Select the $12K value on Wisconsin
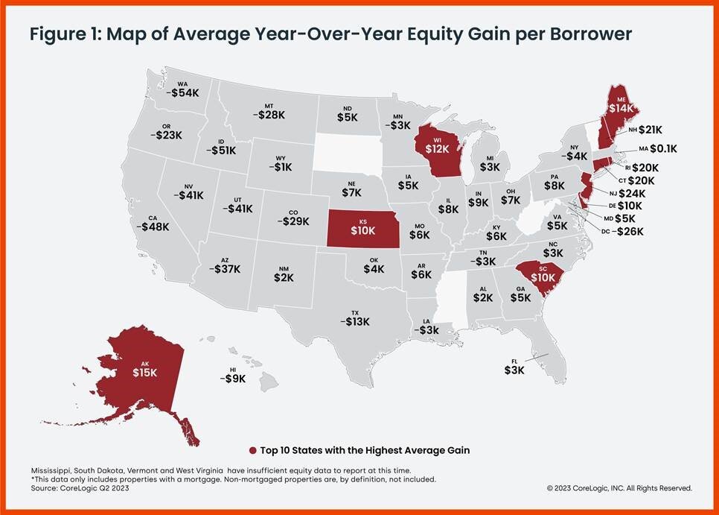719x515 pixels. pos(437,148)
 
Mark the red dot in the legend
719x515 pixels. pos(254,450)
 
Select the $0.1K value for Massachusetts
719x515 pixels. pos(662,149)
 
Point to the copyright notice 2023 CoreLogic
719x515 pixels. pos(619,488)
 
